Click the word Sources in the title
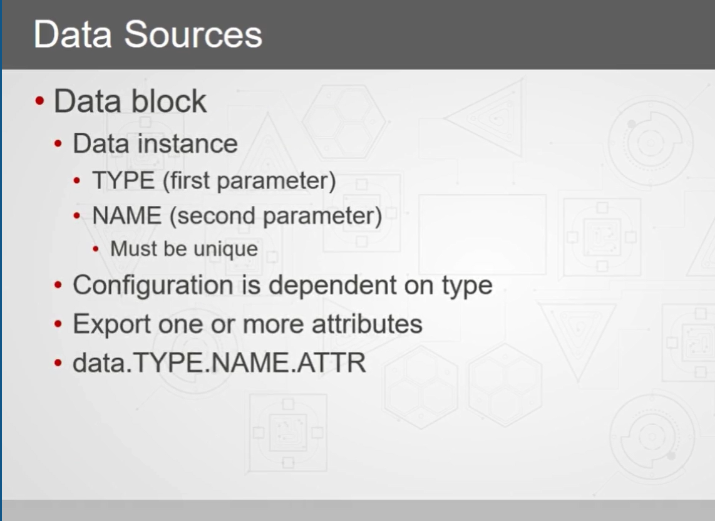[193, 34]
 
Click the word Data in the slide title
[73, 34]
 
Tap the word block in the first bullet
[169, 101]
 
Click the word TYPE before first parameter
[123, 180]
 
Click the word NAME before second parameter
[126, 215]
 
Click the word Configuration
[153, 286]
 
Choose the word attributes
[367, 324]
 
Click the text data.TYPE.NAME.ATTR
[219, 363]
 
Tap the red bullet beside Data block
[39, 101]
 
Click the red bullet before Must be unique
[96, 250]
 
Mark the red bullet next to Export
[58, 324]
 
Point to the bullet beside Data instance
[58, 144]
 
